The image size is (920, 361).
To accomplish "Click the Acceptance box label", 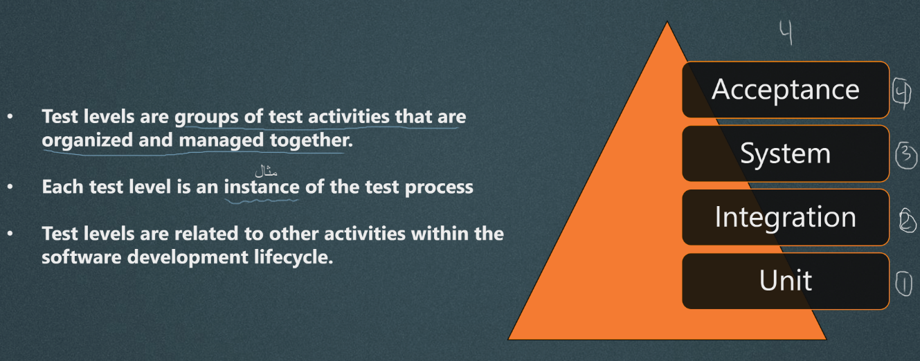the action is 785,89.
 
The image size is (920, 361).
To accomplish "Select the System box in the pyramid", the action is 786,154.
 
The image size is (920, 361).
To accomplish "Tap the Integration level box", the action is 786,217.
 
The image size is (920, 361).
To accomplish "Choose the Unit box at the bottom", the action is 786,281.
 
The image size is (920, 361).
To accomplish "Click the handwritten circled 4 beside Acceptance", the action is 902,93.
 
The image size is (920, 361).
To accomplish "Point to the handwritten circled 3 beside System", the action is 905,156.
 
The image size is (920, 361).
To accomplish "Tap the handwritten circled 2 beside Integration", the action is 908,221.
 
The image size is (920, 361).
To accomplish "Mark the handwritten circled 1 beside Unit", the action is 903,284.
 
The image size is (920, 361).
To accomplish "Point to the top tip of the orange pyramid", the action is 667,21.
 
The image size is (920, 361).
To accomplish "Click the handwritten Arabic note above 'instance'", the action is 266,171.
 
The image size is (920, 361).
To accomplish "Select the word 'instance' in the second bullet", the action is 262,187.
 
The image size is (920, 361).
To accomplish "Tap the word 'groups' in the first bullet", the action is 206,118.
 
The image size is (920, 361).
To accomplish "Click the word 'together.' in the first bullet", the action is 312,140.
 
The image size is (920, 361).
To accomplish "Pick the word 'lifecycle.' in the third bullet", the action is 294,258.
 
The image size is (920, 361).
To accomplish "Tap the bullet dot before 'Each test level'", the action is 10,187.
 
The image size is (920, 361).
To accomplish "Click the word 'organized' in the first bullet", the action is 87,140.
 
